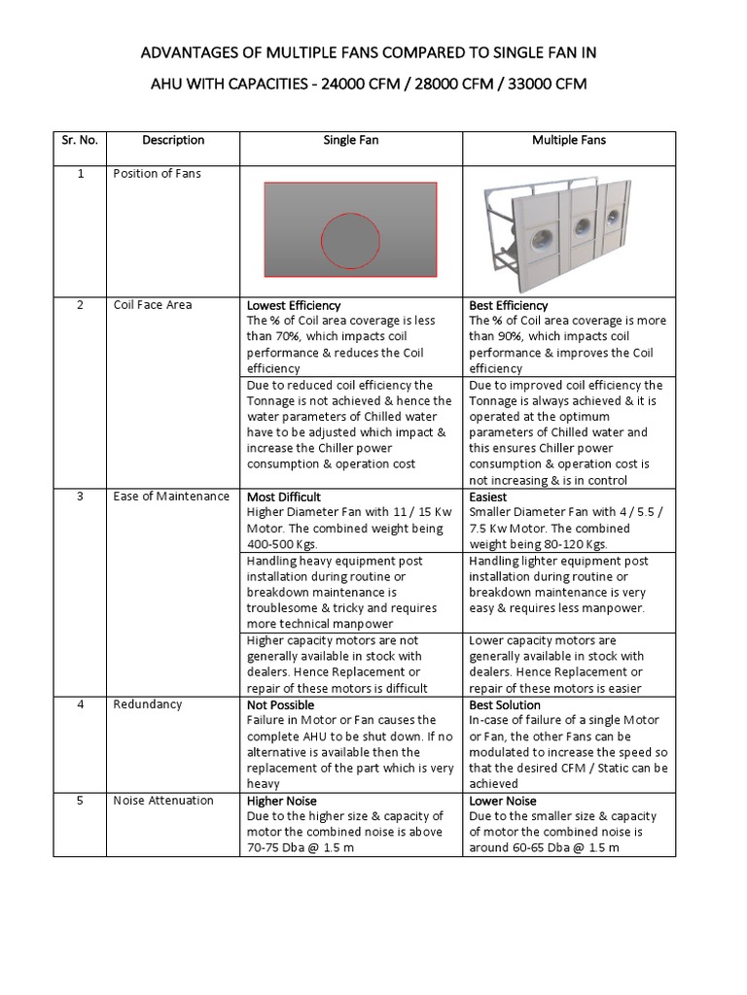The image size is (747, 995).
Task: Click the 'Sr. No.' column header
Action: coord(80,140)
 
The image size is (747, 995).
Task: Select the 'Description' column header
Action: coord(173,140)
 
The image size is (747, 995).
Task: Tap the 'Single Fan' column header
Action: coord(351,140)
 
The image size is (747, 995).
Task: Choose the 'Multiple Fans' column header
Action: coord(569,140)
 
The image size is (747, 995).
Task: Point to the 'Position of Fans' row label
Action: coord(158,174)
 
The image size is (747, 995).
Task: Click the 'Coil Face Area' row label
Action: coord(153,305)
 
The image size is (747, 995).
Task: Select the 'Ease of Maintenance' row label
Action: coord(171,497)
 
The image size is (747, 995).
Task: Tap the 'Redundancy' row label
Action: coord(147,704)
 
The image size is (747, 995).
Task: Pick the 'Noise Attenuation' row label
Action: coord(163,801)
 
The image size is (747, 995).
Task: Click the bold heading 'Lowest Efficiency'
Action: coord(294,305)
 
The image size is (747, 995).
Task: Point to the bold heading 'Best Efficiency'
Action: coord(509,305)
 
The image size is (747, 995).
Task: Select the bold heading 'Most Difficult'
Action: coord(284,497)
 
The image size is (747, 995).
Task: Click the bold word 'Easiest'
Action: coord(488,497)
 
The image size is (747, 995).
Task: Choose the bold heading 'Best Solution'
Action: coord(505,704)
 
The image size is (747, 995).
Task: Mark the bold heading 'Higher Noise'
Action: coord(282,801)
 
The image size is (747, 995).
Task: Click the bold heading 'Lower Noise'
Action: coord(503,801)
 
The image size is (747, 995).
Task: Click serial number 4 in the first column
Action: coord(81,704)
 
